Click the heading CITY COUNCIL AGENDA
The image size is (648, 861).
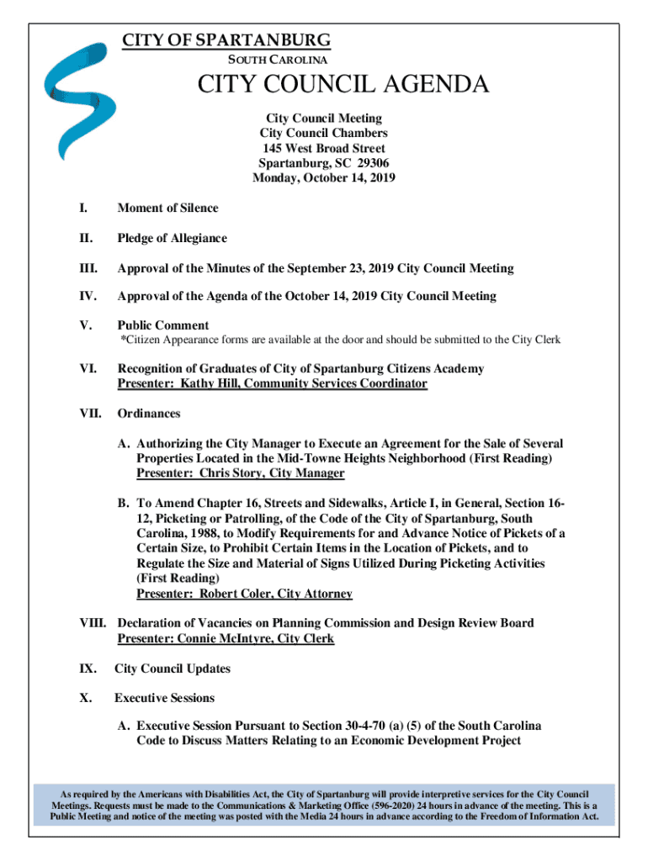(343, 85)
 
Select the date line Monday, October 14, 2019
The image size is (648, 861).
(324, 178)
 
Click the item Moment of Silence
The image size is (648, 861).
(167, 209)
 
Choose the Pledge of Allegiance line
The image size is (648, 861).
(172, 239)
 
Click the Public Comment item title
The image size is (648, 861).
(163, 325)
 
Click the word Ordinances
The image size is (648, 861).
(148, 414)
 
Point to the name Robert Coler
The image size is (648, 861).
(234, 594)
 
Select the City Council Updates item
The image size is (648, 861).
(173, 669)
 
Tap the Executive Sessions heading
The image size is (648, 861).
(165, 698)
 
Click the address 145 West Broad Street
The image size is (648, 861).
(324, 149)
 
